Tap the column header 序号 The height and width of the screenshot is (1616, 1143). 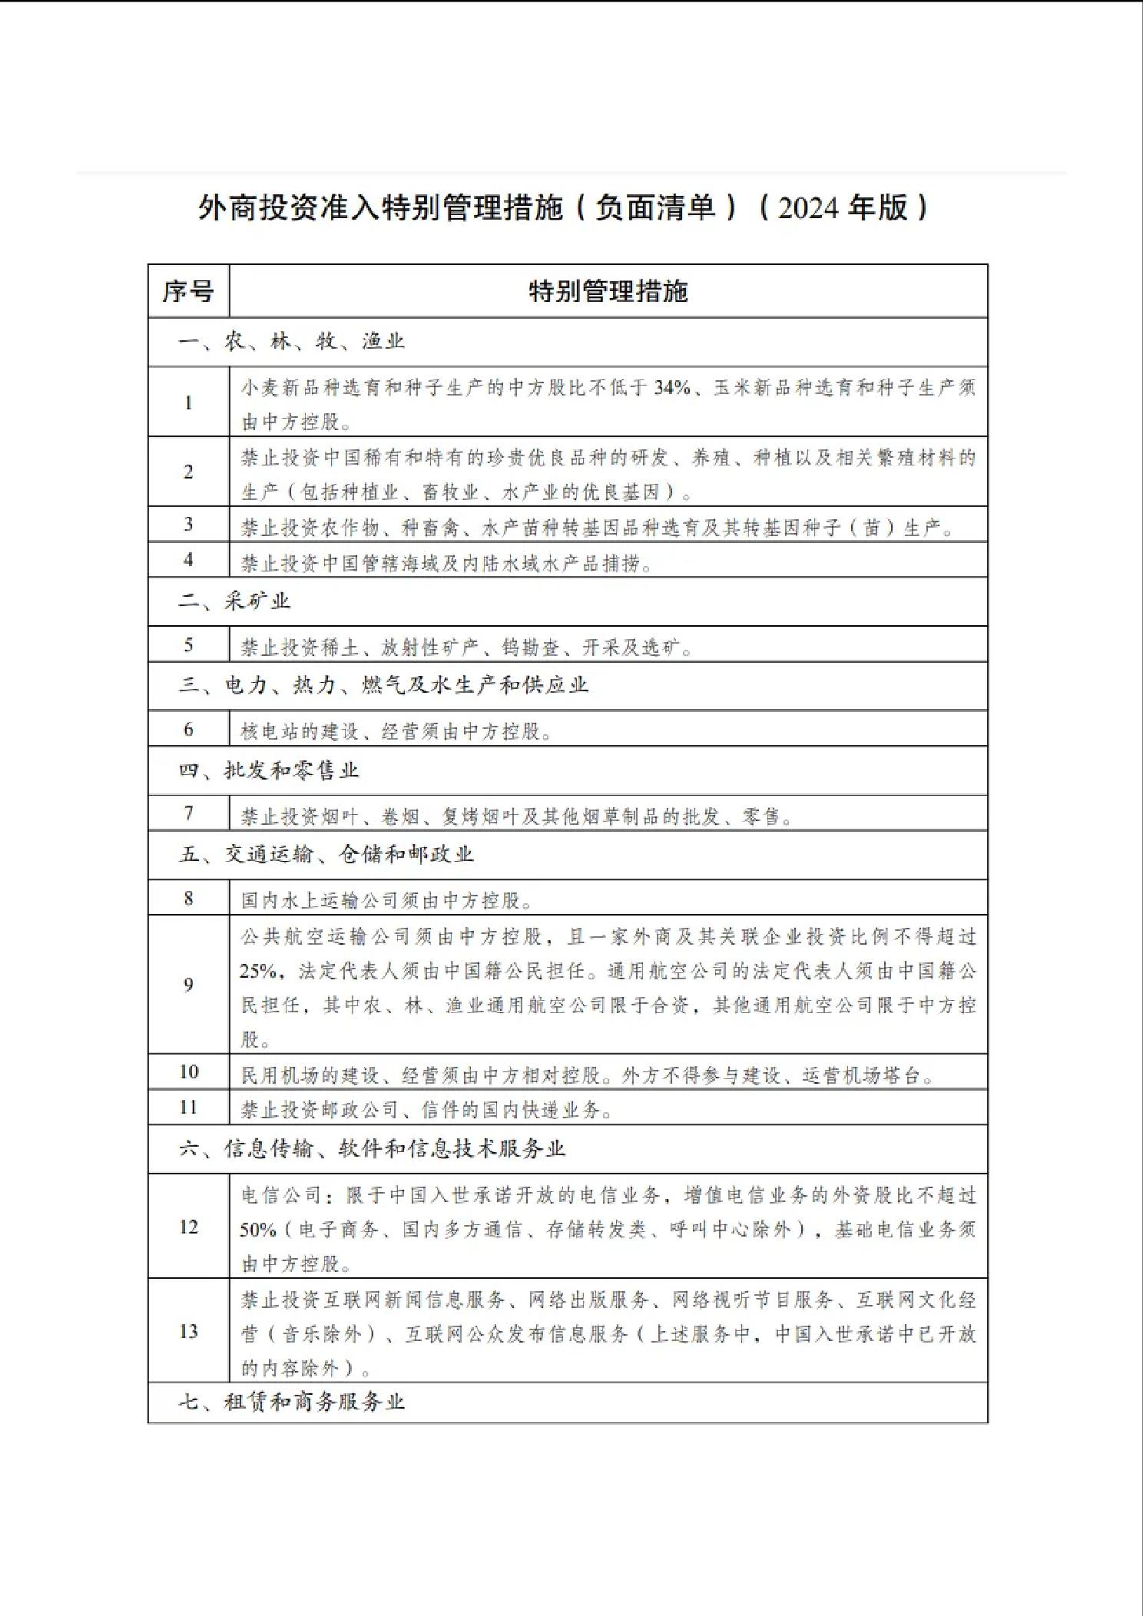pyautogui.click(x=188, y=292)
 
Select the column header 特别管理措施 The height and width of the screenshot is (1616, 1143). pyautogui.click(x=608, y=292)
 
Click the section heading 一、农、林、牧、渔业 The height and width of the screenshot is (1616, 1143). pyautogui.click(x=291, y=342)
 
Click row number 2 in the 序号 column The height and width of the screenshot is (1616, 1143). pyautogui.click(x=188, y=472)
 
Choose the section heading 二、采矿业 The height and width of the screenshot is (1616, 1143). pyautogui.click(x=234, y=601)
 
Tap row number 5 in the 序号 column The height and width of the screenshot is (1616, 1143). pyautogui.click(x=188, y=645)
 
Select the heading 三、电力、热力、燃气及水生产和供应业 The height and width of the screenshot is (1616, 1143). pyautogui.click(x=383, y=685)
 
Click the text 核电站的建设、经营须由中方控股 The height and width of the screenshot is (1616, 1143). pyautogui.click(x=396, y=731)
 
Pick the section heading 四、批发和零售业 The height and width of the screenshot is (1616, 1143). pyautogui.click(x=269, y=770)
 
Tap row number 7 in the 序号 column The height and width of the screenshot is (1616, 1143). pyautogui.click(x=188, y=813)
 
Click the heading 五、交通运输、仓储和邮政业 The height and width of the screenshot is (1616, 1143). pyautogui.click(x=326, y=855)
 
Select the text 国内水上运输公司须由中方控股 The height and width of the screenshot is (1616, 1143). pyautogui.click(x=386, y=900)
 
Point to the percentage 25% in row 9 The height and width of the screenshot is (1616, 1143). pyautogui.click(x=257, y=972)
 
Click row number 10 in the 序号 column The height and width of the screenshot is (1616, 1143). pyautogui.click(x=188, y=1072)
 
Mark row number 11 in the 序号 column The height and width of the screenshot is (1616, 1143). pyautogui.click(x=188, y=1108)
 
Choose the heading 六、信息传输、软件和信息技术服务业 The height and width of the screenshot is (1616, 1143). pyautogui.click(x=372, y=1149)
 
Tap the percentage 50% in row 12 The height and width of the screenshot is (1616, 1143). pyautogui.click(x=257, y=1230)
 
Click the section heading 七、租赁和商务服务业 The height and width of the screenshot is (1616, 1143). pyautogui.click(x=291, y=1402)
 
